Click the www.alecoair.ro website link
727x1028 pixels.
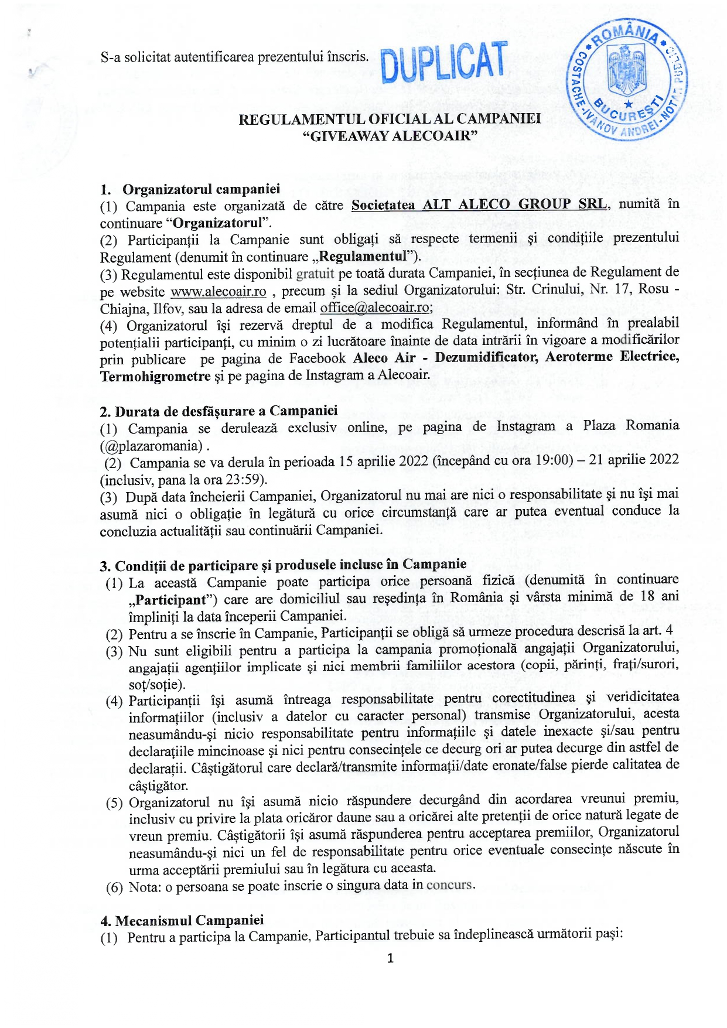point(218,292)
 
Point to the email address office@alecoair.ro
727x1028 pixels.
point(374,308)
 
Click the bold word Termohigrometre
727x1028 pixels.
point(155,376)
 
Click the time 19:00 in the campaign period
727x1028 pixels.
point(552,460)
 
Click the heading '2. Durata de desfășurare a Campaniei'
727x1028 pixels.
point(219,411)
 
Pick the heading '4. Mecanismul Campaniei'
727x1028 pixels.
point(182,920)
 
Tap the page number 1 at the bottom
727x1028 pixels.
point(391,958)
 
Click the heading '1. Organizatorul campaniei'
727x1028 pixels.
point(190,189)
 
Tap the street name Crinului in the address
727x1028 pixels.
point(552,289)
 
